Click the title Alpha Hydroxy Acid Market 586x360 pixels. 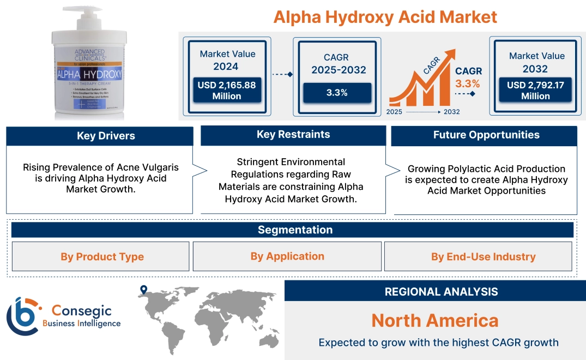pyautogui.click(x=385, y=17)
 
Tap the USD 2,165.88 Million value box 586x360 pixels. pyautogui.click(x=227, y=91)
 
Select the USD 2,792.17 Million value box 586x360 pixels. pyautogui.click(x=536, y=91)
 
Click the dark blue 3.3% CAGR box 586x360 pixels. pyautogui.click(x=337, y=93)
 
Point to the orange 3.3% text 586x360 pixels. pyautogui.click(x=467, y=83)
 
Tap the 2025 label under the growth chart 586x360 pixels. pyautogui.click(x=394, y=111)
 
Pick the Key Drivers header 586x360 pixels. pyautogui.click(x=100, y=136)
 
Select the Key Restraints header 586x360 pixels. pyautogui.click(x=293, y=135)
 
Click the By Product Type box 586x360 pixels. pyautogui.click(x=102, y=257)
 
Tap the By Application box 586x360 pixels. pyautogui.click(x=287, y=256)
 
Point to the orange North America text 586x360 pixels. pyautogui.click(x=434, y=320)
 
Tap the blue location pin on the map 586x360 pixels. pyautogui.click(x=143, y=289)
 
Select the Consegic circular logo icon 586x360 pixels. pyautogui.click(x=23, y=316)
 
